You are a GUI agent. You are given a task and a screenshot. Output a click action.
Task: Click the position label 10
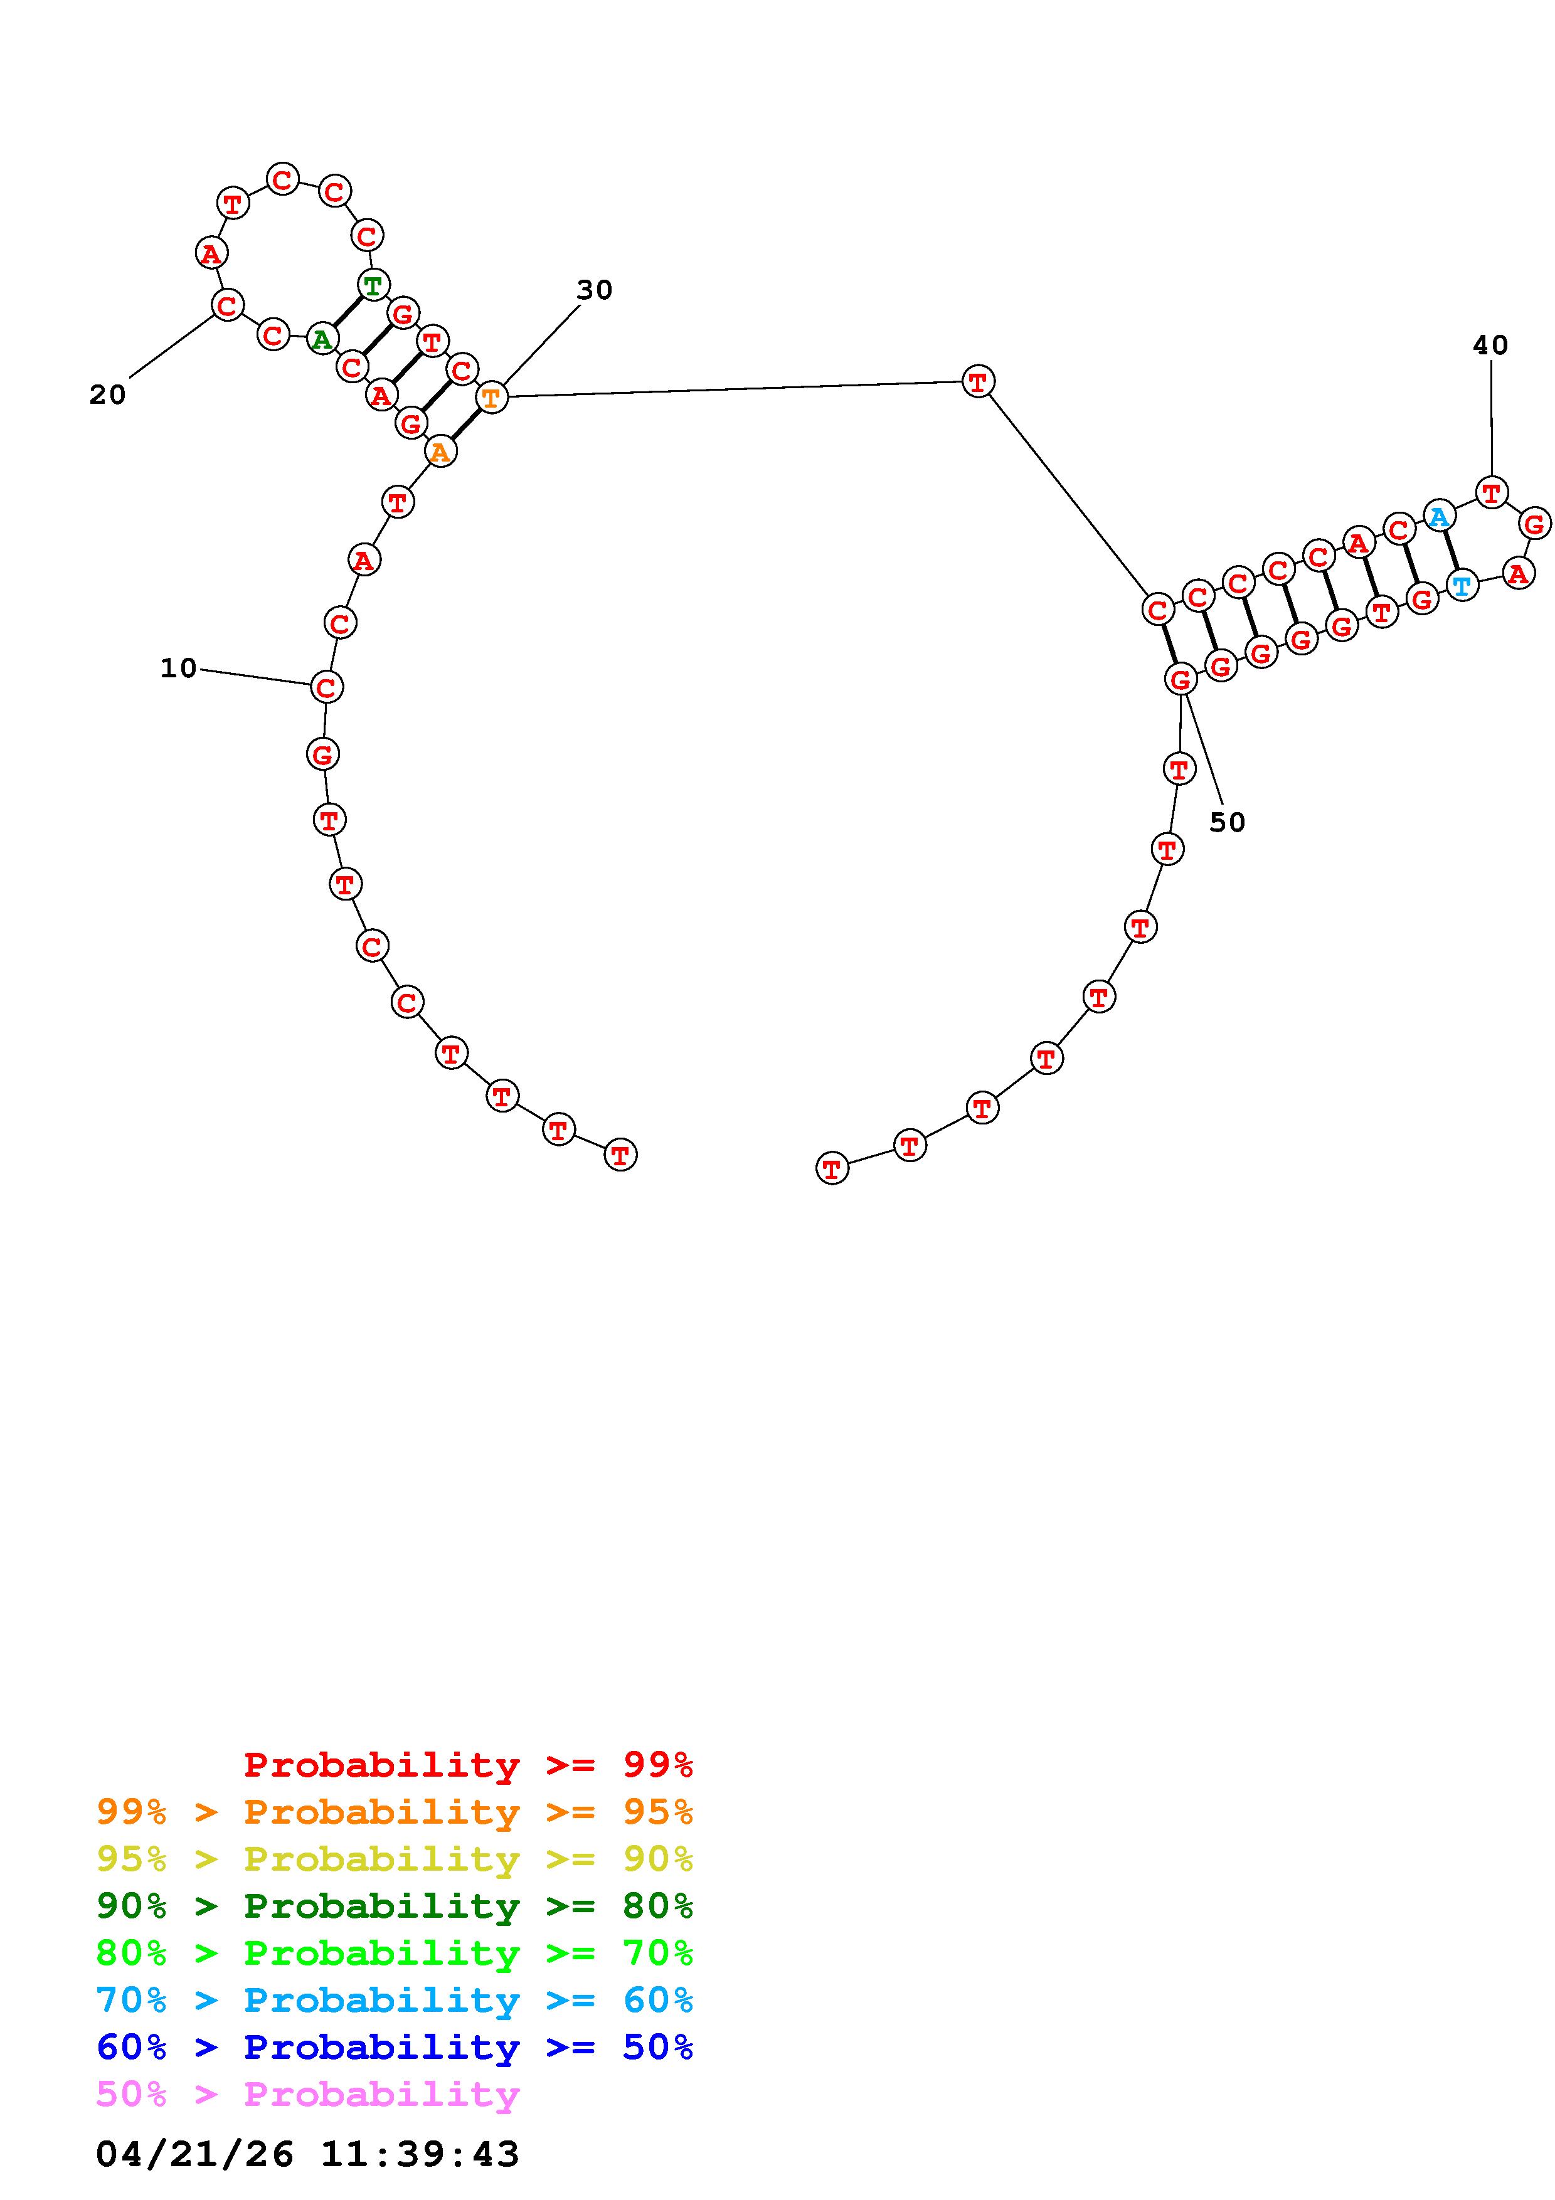click(178, 668)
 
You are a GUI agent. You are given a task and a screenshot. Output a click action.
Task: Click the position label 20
click(107, 394)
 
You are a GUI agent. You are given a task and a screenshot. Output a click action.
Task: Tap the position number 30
click(594, 289)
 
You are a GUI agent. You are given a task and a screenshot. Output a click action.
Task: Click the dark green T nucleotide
click(373, 285)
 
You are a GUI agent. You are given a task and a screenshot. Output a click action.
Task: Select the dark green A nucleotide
click(322, 339)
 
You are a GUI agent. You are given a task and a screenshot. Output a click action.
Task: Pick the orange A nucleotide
click(440, 452)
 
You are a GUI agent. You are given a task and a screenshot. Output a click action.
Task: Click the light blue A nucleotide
click(1438, 517)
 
